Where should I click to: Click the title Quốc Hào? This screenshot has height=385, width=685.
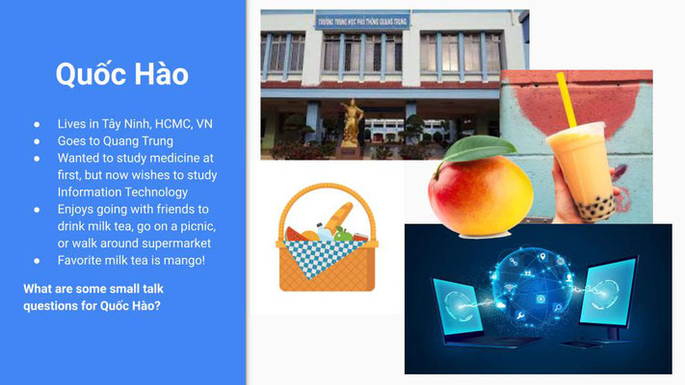pos(122,75)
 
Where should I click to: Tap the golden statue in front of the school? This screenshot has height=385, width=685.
pos(352,123)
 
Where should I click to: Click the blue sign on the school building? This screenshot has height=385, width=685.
pos(362,21)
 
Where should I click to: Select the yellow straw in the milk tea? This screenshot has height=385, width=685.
pos(566,99)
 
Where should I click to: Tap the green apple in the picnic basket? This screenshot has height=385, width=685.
pos(343,235)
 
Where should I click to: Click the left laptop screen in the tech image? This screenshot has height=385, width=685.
pos(459,306)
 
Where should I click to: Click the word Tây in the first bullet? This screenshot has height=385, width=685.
pos(112,124)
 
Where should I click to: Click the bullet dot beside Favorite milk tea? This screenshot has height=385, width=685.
pos(37,261)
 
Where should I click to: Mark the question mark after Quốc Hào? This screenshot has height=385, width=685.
pos(157,305)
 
